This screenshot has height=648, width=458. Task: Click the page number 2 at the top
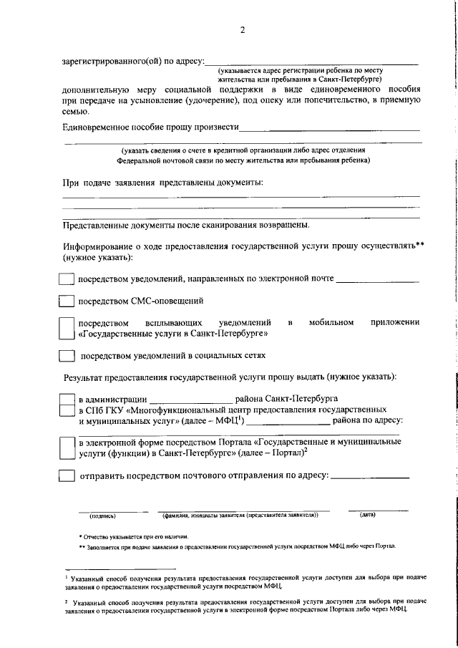tap(243, 30)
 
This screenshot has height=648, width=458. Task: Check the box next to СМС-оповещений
tap(66, 301)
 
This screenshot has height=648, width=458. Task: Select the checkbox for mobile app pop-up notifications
tap(66, 329)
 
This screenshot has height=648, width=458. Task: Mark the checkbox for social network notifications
tap(66, 355)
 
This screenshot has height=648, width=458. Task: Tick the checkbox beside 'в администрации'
tap(66, 399)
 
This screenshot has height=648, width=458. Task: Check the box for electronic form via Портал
tap(66, 448)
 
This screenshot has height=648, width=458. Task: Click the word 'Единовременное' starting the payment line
tap(97, 127)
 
